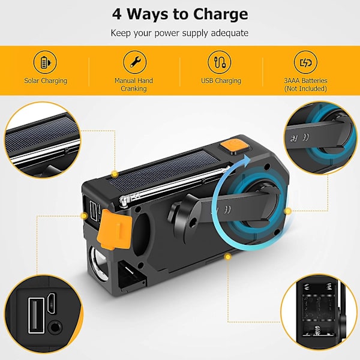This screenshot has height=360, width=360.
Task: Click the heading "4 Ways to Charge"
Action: click(180, 14)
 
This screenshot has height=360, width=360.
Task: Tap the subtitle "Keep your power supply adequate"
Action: click(179, 33)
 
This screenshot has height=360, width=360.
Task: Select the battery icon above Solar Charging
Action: click(45, 62)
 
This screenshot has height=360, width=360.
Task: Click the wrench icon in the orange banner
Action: click(135, 62)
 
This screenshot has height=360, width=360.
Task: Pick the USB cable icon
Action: click(220, 62)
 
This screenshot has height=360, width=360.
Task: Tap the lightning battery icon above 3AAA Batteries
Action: click(305, 62)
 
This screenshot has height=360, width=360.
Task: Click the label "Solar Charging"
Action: click(46, 81)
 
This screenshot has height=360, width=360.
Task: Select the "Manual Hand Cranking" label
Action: click(134, 85)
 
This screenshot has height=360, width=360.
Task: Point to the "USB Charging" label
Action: click(221, 81)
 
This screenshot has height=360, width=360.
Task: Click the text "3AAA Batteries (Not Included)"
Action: click(305, 85)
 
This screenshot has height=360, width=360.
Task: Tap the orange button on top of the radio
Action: click(234, 146)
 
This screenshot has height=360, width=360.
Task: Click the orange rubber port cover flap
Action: click(114, 229)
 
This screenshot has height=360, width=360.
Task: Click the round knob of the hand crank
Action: click(181, 216)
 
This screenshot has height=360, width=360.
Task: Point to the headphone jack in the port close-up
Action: click(55, 327)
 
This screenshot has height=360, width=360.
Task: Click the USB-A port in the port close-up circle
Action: click(36, 316)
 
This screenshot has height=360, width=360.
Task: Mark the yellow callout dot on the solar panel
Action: click(115, 175)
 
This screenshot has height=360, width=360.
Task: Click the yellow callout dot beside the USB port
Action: click(84, 216)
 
